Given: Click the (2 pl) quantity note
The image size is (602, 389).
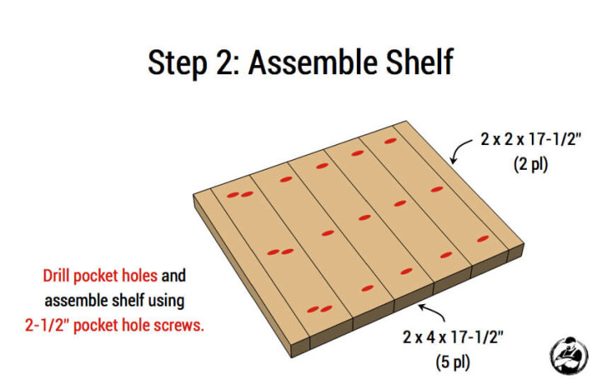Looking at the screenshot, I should [x=531, y=164].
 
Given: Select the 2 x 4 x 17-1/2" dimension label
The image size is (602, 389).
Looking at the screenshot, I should [x=453, y=337].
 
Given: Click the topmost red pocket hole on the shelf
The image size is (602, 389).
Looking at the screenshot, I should [x=389, y=142].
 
